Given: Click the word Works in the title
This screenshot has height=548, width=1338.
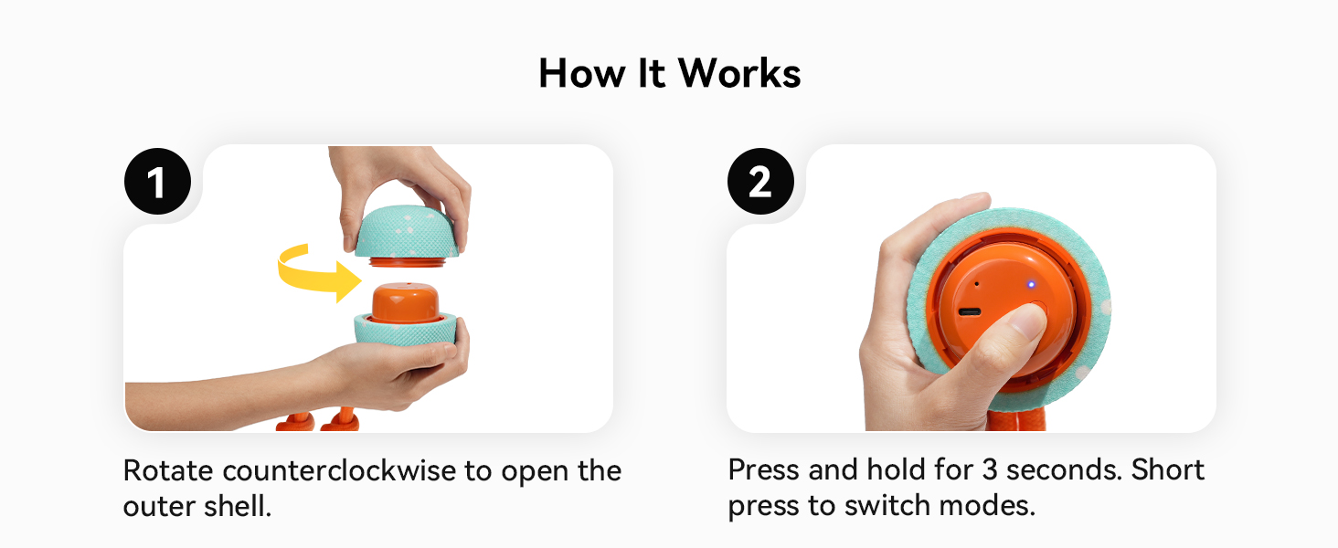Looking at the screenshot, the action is pos(739,73).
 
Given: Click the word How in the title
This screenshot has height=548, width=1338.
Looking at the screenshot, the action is pos(582,73).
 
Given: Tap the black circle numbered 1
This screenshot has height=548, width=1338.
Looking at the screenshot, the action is pos(158,182).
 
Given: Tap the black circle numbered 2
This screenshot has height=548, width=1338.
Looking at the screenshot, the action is pos(760,182).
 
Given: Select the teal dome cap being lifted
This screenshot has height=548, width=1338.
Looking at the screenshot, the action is pos(408,232).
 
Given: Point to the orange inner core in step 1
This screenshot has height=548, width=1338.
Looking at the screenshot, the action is pos(405,303).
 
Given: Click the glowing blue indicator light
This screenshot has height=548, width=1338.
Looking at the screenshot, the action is pos(1031,285).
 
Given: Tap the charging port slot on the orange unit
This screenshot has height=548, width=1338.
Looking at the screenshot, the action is pos(970,312).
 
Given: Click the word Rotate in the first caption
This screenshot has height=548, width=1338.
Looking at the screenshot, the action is pos(168,471).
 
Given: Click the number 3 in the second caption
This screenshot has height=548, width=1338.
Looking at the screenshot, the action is pos(990,469).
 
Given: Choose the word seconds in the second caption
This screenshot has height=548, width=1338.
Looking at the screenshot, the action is pos(1064,469).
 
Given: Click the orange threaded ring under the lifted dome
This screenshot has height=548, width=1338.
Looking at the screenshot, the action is pos(408,261).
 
